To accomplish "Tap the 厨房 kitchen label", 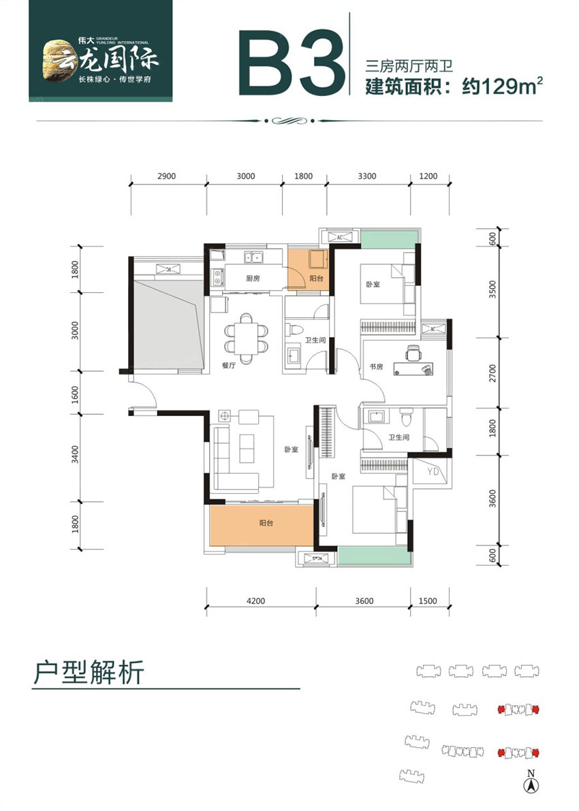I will point(235,278).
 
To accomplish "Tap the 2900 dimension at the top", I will point(167,176).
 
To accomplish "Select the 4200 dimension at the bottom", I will point(256,601).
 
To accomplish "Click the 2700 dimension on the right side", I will point(493,373).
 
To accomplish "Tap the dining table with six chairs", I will point(246,334).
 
